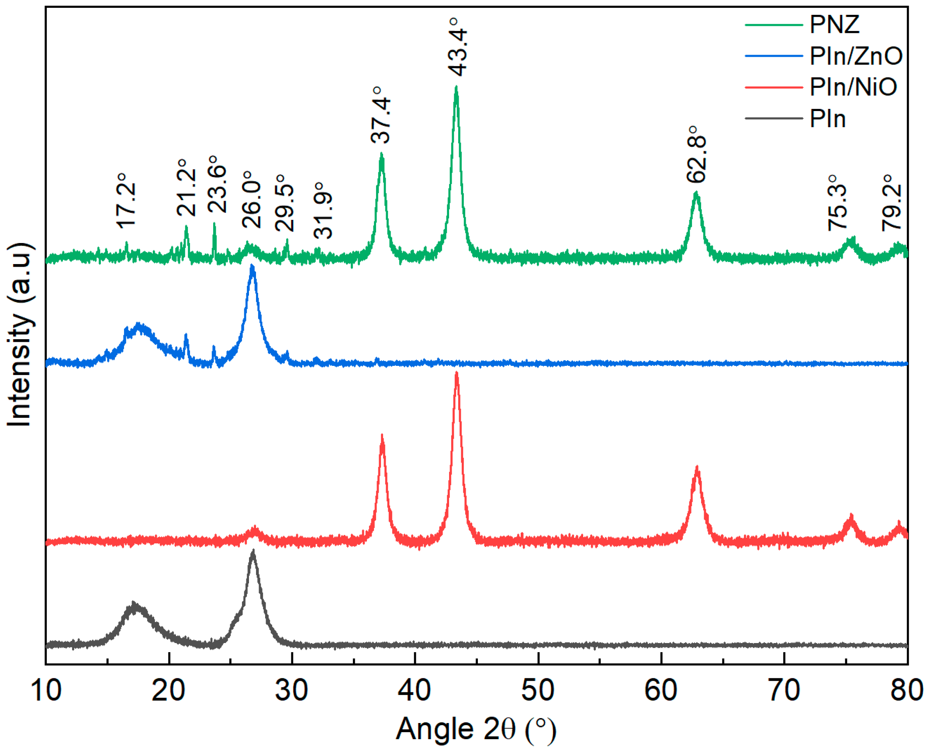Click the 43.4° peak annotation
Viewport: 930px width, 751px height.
click(x=457, y=47)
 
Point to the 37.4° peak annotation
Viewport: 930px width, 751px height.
click(x=380, y=115)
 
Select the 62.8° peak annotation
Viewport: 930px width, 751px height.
click(x=696, y=154)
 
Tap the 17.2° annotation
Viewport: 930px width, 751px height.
click(x=126, y=201)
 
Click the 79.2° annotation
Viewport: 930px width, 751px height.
click(x=891, y=202)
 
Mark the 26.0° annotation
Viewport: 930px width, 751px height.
click(x=252, y=199)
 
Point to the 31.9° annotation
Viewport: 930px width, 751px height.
click(x=323, y=210)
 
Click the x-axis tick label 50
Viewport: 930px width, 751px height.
click(x=538, y=690)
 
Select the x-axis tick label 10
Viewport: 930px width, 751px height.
click(x=45, y=690)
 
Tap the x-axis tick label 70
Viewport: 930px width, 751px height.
click(x=784, y=690)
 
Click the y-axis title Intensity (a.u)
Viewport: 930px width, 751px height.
click(x=19, y=335)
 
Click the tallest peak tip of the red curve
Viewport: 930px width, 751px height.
click(x=456, y=373)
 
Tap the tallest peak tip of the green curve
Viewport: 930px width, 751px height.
click(x=456, y=87)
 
